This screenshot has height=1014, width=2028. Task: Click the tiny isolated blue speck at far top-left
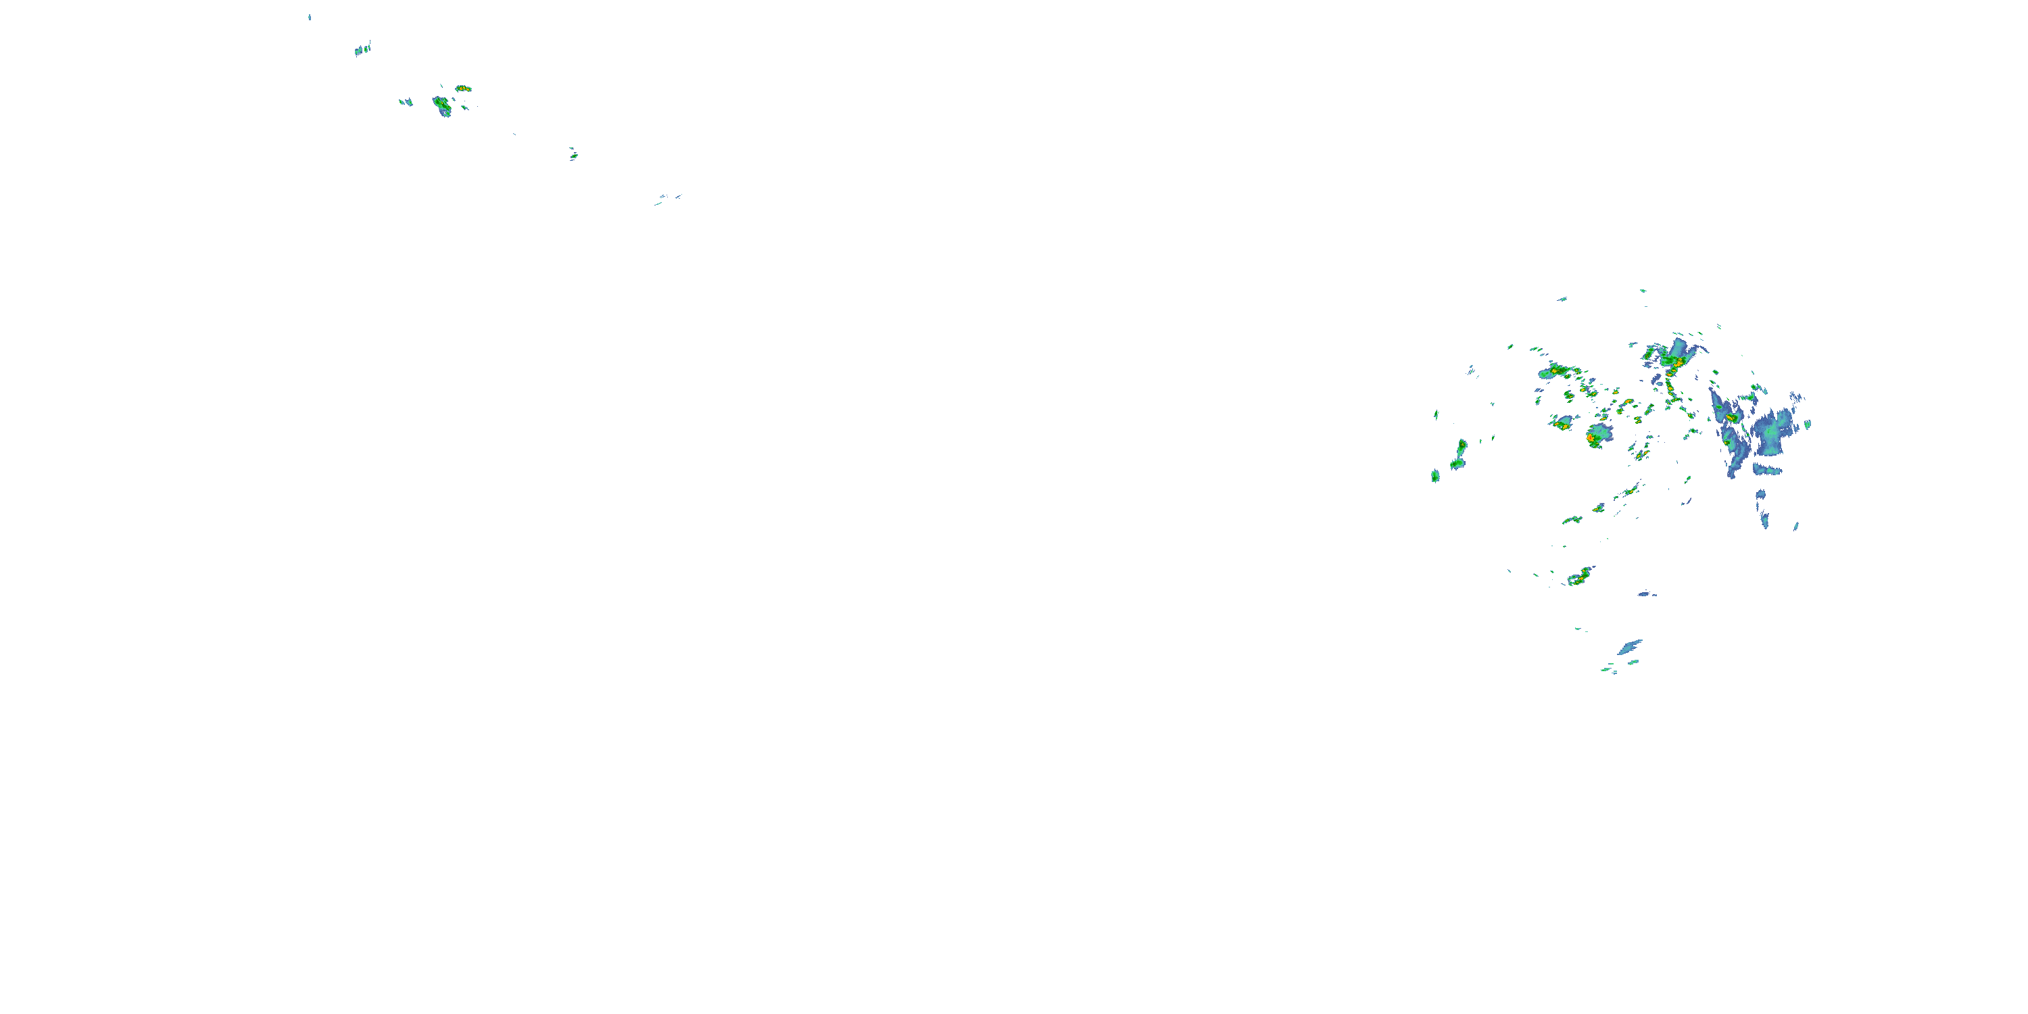(310, 16)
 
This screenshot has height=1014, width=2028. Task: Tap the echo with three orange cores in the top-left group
(463, 88)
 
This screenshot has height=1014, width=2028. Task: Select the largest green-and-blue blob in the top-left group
(441, 105)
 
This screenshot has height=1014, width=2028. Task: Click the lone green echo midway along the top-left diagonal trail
(573, 154)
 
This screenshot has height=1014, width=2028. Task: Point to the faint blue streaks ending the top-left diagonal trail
(668, 198)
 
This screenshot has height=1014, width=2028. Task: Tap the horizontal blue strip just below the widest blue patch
(1768, 470)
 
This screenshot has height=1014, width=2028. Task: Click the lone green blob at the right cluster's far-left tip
(1435, 475)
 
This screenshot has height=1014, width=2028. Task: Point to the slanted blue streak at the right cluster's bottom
(1630, 647)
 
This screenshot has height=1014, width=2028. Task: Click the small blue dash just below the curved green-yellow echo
(1646, 594)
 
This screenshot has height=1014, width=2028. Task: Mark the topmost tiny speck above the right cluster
(1642, 291)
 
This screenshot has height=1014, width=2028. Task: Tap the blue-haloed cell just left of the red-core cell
(1562, 422)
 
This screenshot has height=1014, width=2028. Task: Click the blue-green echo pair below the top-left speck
(362, 49)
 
